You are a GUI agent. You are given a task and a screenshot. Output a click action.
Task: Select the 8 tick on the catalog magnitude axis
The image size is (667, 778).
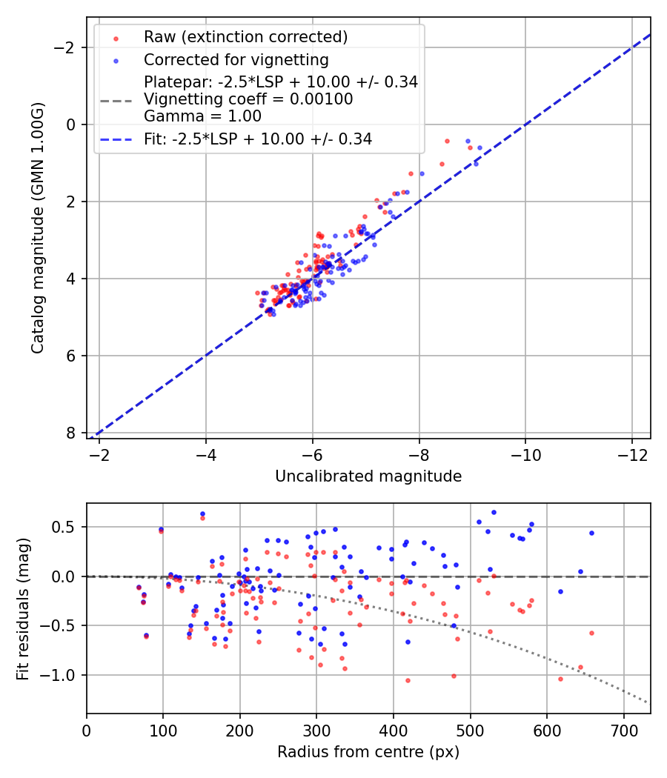[71, 433]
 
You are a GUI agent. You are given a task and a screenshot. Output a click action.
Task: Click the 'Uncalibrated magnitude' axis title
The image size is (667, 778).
[368, 476]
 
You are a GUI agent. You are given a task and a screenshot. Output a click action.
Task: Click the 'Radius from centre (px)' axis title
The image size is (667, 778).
[368, 752]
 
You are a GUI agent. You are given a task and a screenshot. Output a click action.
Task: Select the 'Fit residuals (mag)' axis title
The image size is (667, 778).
[23, 608]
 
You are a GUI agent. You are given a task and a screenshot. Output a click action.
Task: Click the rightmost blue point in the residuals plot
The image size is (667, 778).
[591, 533]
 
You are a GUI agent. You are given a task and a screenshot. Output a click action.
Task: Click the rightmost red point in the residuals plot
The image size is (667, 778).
[591, 633]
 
